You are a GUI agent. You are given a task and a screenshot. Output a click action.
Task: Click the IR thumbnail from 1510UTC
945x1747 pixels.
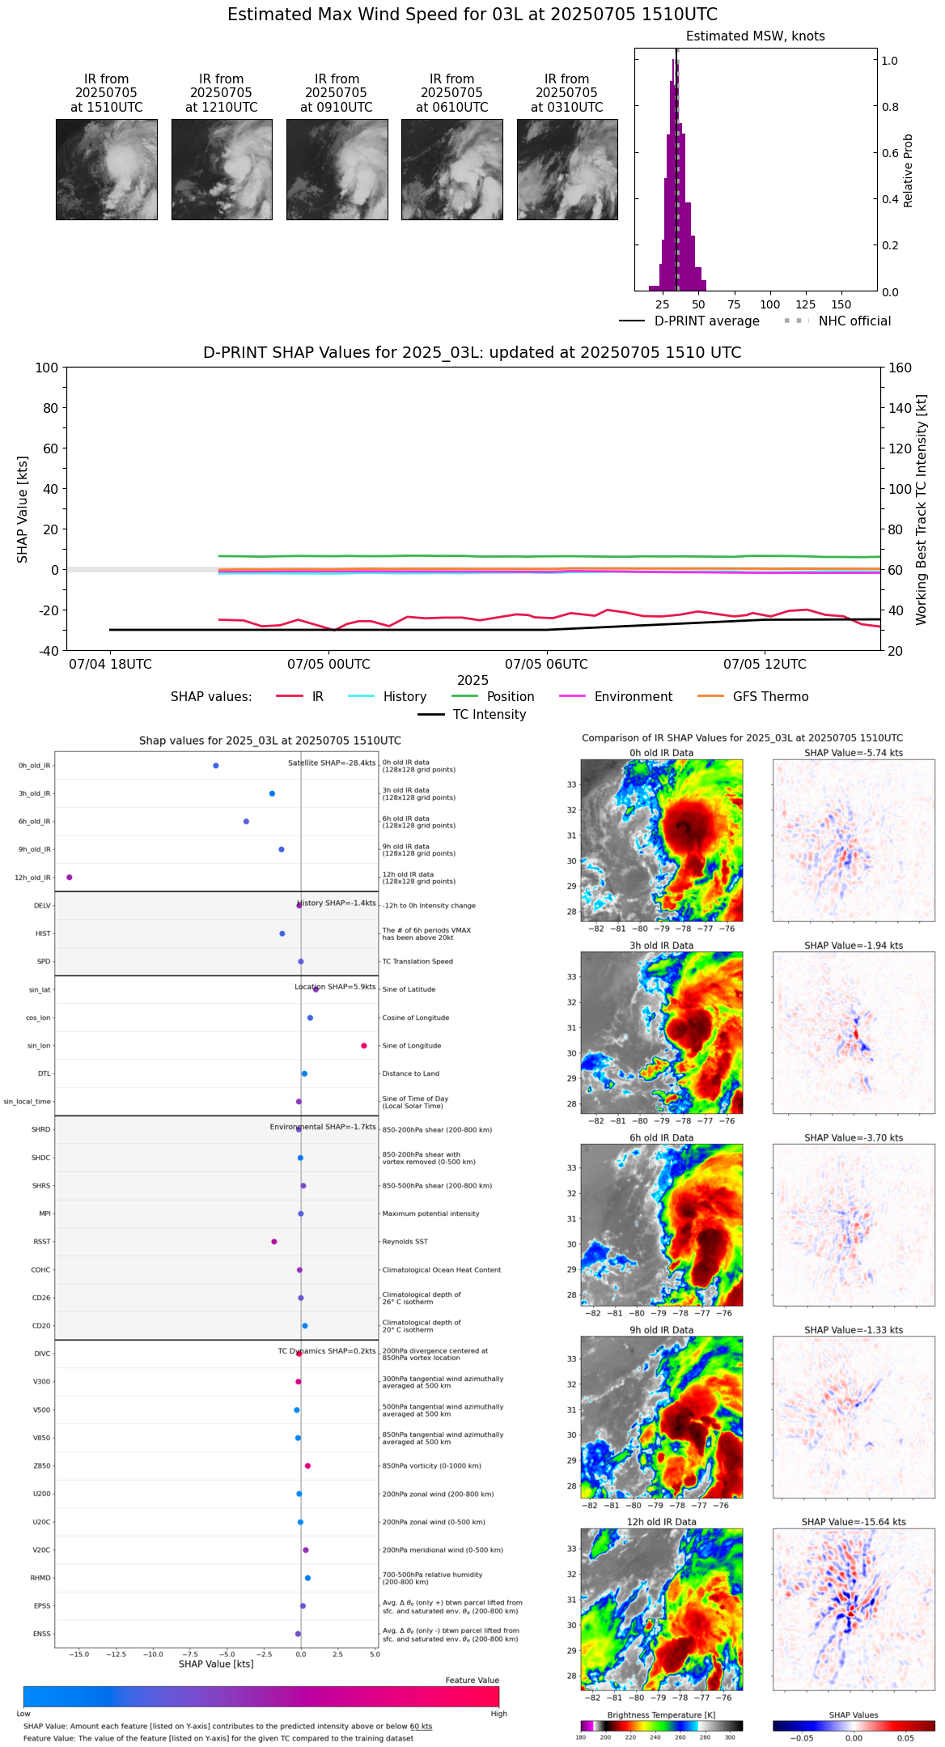pos(106,169)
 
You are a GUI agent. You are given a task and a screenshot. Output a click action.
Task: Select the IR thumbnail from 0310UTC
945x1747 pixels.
pos(567,169)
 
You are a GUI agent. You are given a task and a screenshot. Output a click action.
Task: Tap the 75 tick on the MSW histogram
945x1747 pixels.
pos(734,304)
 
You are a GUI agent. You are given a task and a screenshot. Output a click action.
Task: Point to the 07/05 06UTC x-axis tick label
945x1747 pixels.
pos(546,664)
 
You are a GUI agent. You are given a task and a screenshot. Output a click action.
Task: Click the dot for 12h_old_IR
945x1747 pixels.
pos(70,877)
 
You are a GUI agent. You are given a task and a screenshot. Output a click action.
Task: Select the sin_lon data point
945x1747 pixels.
pos(364,1045)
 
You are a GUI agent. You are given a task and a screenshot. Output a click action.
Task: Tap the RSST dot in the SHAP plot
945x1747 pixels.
pos(274,1241)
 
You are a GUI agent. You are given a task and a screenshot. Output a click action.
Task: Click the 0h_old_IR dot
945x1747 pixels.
pos(215,765)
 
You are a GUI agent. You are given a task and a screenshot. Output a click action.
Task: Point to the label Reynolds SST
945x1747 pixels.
pos(405,1241)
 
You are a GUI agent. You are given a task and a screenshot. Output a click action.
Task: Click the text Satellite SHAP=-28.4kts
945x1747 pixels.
pos(332,763)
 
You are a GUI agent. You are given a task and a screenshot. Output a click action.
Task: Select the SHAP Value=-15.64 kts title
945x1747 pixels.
pos(854,1522)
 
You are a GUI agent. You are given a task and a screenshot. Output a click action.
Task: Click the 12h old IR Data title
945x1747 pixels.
pos(661,1522)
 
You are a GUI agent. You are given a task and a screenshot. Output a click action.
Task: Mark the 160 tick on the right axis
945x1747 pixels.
pos(900,368)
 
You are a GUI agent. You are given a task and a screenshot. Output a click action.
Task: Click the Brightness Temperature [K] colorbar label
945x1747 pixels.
pos(661,1715)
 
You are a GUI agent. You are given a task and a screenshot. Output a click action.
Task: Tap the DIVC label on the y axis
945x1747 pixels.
pos(42,1354)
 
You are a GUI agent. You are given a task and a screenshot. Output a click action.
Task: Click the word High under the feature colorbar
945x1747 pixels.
pos(498,1713)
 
